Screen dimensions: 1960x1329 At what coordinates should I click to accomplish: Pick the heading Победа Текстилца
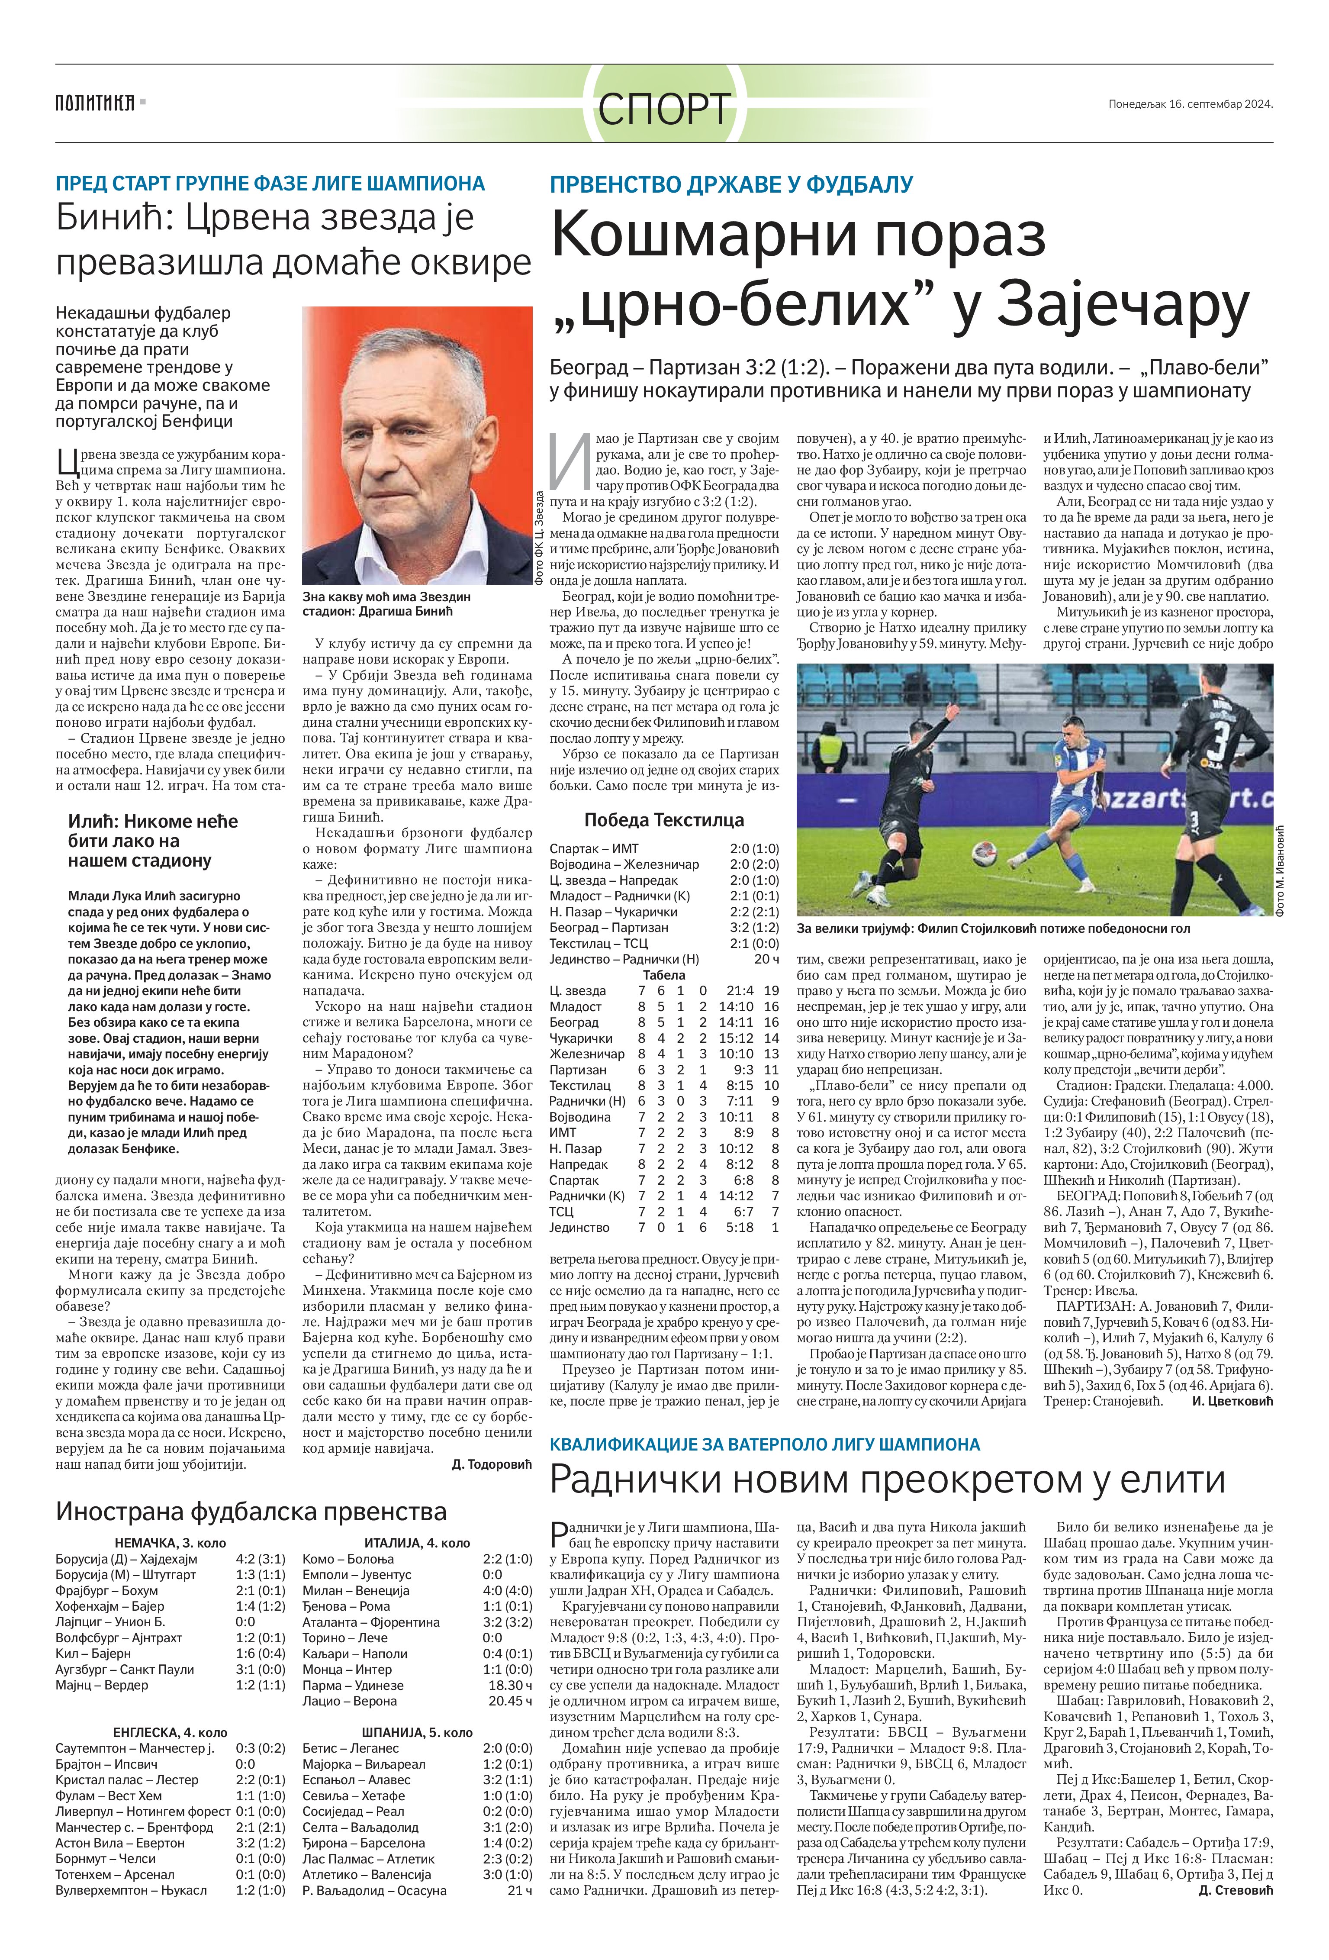[664, 820]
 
